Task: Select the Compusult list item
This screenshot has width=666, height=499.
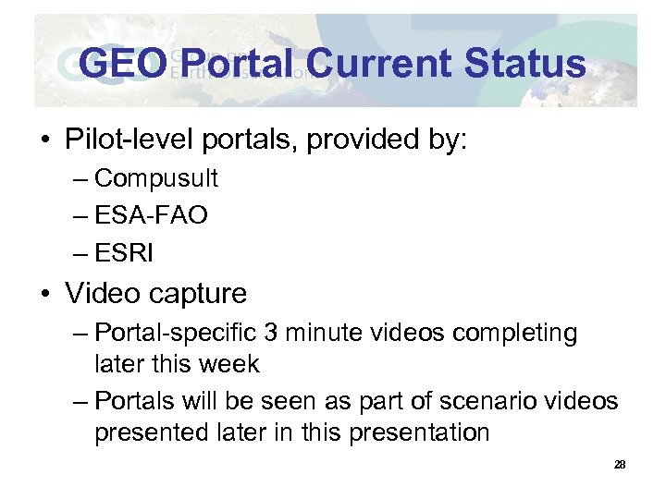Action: coord(156,177)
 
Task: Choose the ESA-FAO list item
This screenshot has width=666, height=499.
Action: coord(152,215)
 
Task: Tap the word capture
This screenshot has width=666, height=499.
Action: coord(199,294)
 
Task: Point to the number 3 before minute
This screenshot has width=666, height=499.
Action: coord(294,333)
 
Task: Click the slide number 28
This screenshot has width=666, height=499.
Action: coord(620,465)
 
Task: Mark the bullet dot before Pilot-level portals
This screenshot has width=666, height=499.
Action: coord(43,141)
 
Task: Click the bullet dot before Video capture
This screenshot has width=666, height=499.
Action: coord(43,295)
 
